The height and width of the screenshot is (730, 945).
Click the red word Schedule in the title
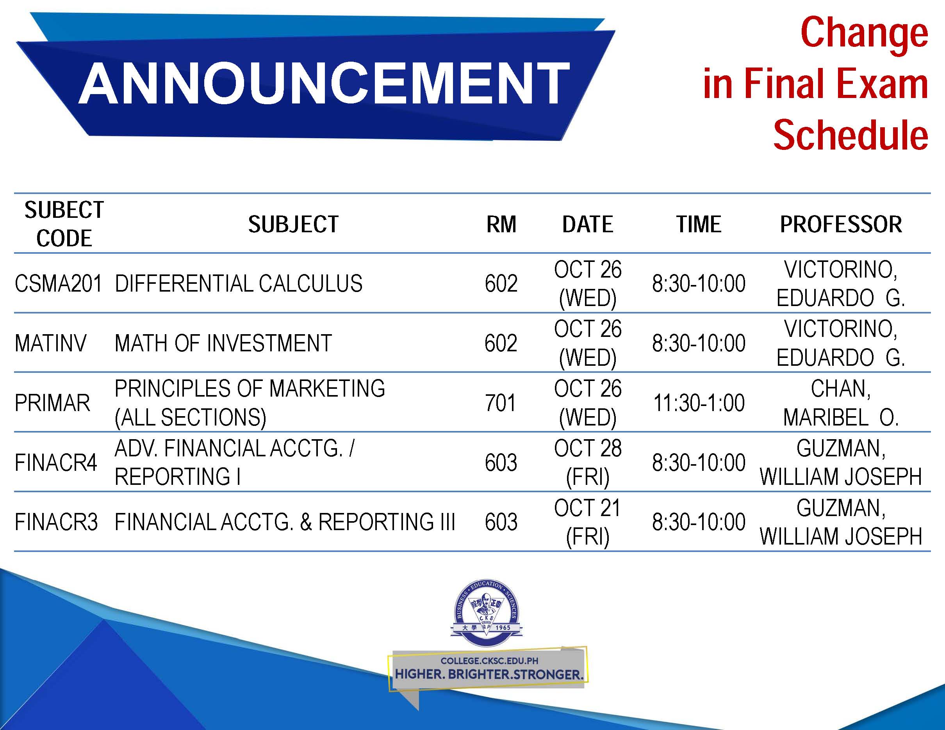pyautogui.click(x=850, y=135)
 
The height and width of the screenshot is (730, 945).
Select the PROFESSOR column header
pyautogui.click(x=841, y=224)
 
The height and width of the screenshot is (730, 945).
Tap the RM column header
pyautogui.click(x=501, y=224)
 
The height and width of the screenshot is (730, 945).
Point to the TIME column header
pyautogui.click(x=699, y=224)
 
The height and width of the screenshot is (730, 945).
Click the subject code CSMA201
pyautogui.click(x=58, y=284)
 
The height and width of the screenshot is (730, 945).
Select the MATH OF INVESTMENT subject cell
pyautogui.click(x=223, y=344)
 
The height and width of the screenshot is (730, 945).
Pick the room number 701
pyautogui.click(x=501, y=403)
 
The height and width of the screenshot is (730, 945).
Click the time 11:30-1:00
pyautogui.click(x=699, y=403)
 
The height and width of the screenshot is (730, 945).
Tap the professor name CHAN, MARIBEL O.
pyautogui.click(x=841, y=403)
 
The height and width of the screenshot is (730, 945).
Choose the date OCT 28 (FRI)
pyautogui.click(x=588, y=462)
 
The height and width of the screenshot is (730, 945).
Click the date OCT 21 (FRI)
pyautogui.click(x=588, y=522)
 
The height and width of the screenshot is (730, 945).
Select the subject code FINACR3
pyautogui.click(x=56, y=522)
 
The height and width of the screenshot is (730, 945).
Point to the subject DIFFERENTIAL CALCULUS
pyautogui.click(x=239, y=284)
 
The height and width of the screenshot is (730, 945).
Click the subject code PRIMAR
pyautogui.click(x=52, y=403)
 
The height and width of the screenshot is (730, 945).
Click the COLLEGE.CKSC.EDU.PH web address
pyautogui.click(x=489, y=661)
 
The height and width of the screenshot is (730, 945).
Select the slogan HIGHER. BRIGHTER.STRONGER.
pyautogui.click(x=489, y=674)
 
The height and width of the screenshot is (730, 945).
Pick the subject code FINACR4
pyautogui.click(x=56, y=463)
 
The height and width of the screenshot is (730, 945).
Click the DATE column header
pyautogui.click(x=588, y=224)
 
